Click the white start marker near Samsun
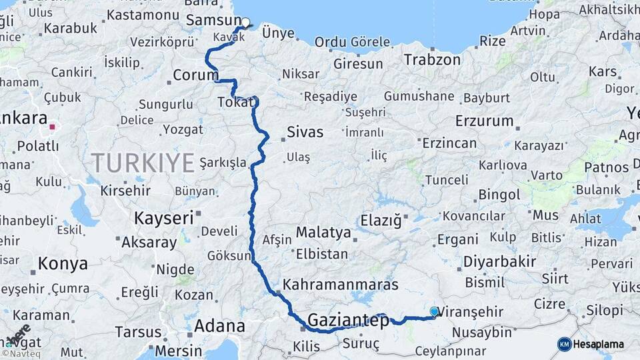coord(245,23)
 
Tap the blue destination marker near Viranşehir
coord(435,311)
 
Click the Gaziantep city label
coord(348,321)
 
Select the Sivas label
coord(305,132)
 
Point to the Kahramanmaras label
coord(341,285)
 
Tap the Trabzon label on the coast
coord(432,59)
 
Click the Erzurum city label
coord(484,121)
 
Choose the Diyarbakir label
coord(500,261)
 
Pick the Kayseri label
coord(164,218)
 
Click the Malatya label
coord(323,233)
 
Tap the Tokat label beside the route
coord(235,102)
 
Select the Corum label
coord(195,75)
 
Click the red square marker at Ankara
coord(52,125)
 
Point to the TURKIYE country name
coord(143,163)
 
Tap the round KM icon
coord(564,344)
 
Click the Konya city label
coord(63,263)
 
